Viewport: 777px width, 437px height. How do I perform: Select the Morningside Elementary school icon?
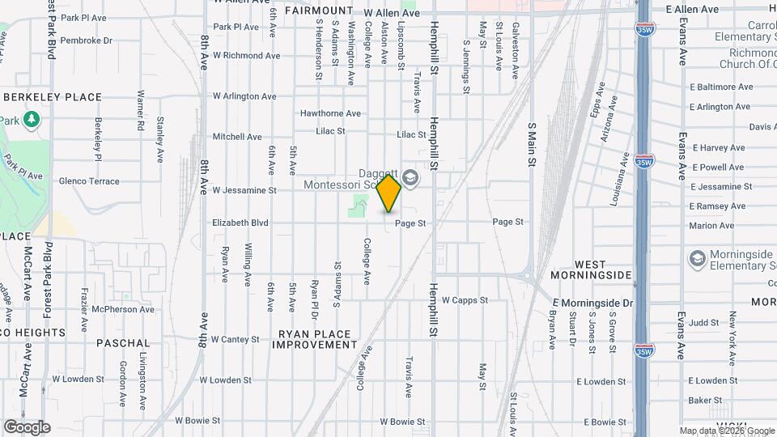click(x=696, y=259)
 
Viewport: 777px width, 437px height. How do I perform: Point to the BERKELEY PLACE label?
click(x=53, y=97)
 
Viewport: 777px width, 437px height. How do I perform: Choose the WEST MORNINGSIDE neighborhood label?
click(x=602, y=269)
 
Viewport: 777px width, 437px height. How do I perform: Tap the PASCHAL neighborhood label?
click(x=123, y=343)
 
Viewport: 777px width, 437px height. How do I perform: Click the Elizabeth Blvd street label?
click(x=241, y=222)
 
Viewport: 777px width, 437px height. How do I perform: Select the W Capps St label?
click(x=465, y=299)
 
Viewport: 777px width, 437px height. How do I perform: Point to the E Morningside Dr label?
click(x=592, y=303)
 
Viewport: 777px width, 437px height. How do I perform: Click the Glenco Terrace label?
click(x=89, y=181)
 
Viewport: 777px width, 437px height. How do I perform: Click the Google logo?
click(x=27, y=427)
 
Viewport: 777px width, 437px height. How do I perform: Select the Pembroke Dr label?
click(x=86, y=40)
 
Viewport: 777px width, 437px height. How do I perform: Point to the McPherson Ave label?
click(x=122, y=309)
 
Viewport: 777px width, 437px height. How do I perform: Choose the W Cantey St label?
click(x=236, y=339)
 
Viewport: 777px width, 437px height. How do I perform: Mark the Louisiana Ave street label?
click(x=624, y=168)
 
